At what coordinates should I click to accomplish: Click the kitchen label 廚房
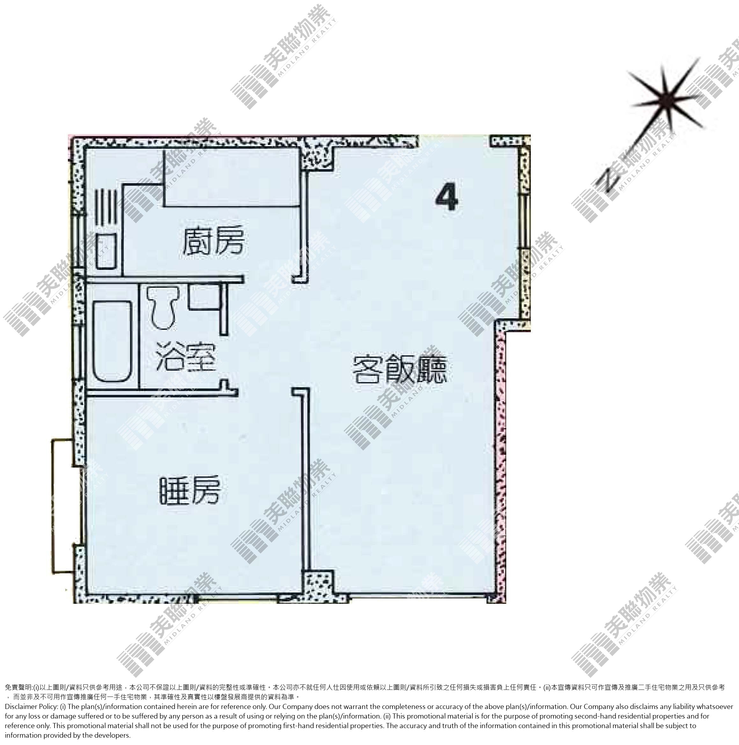pos(213,241)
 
